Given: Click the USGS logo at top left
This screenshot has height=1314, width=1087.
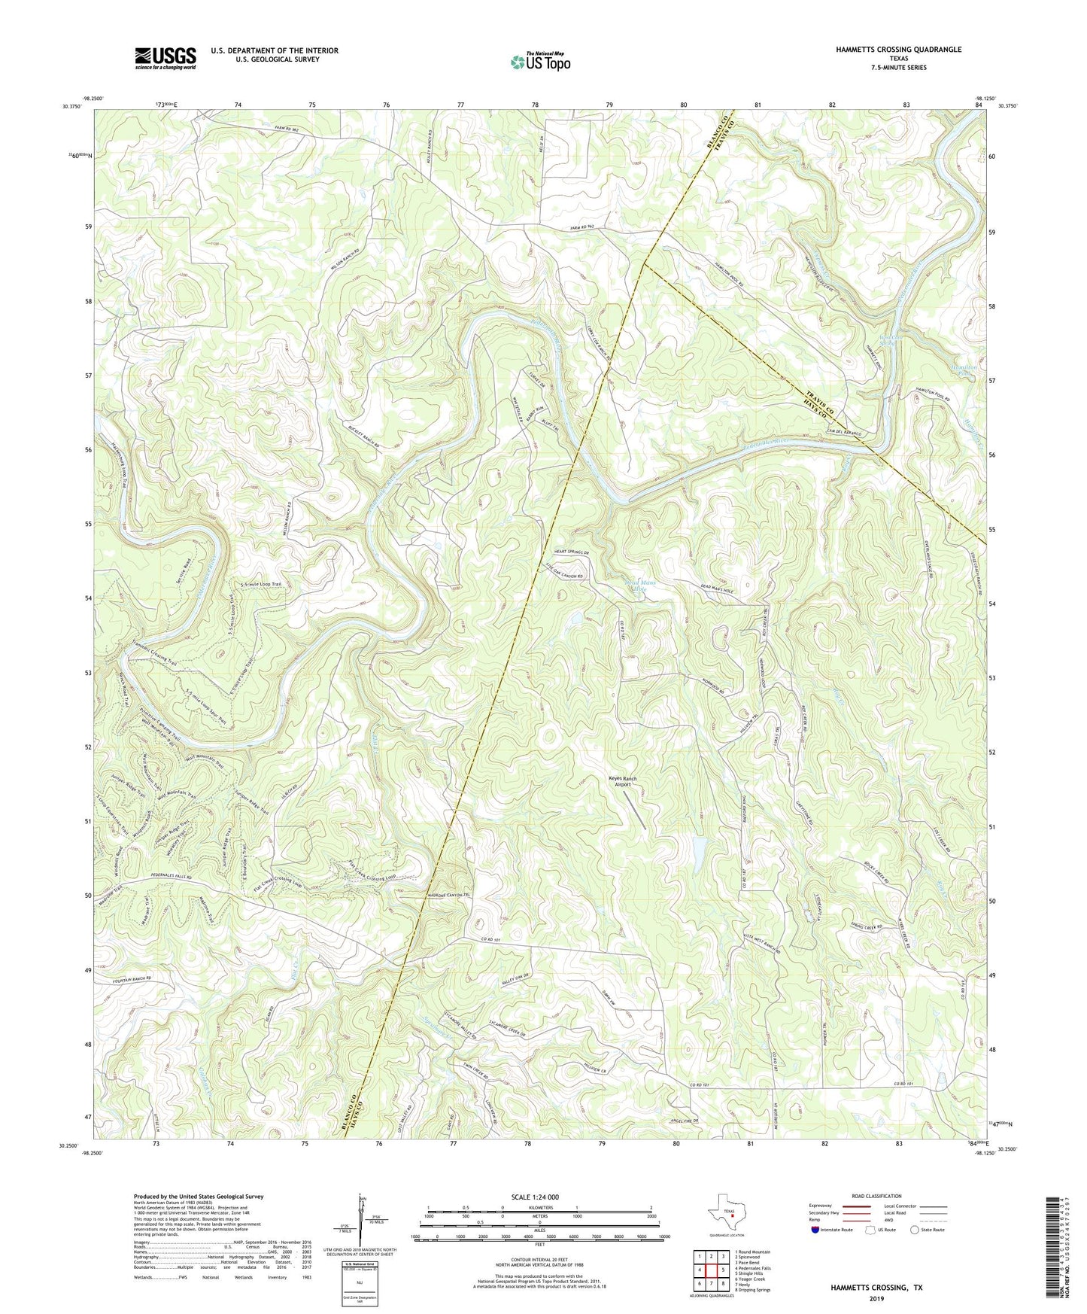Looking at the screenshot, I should point(165,58).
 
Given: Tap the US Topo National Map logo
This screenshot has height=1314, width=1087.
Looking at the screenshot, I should point(539,62).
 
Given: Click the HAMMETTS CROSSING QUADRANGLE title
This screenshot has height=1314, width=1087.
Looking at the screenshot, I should point(898,50).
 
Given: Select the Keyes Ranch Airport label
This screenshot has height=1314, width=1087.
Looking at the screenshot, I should point(622,781).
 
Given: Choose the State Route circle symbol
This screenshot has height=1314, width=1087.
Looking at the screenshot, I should point(914,1230).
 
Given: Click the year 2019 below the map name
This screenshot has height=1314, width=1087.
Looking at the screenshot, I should point(876,1298).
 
